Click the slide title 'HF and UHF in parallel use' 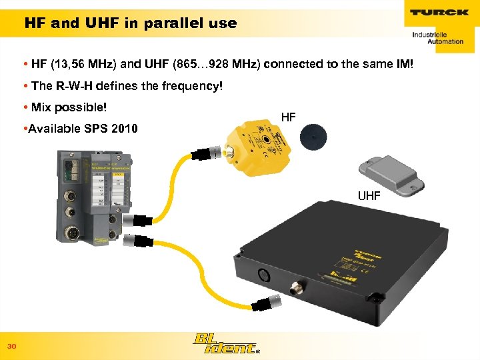pos(131,23)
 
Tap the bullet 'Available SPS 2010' pos(80,128)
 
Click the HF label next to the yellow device pos(288,118)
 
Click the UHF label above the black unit pos(369,196)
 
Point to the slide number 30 pos(11,346)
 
